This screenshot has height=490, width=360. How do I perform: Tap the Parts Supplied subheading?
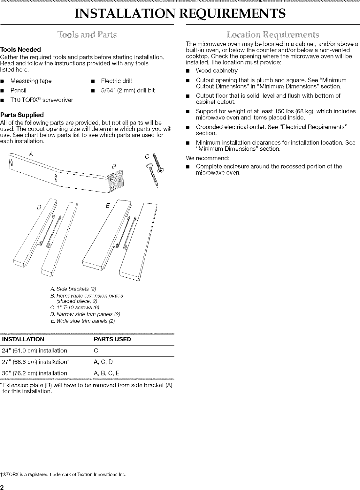coord(22,115)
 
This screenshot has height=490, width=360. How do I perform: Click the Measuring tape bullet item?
coord(31,81)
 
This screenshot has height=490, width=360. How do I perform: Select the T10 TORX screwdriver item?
coord(42,100)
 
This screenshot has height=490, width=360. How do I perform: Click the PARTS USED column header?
coord(112,339)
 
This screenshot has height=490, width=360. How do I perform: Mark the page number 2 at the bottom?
coord(2,487)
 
